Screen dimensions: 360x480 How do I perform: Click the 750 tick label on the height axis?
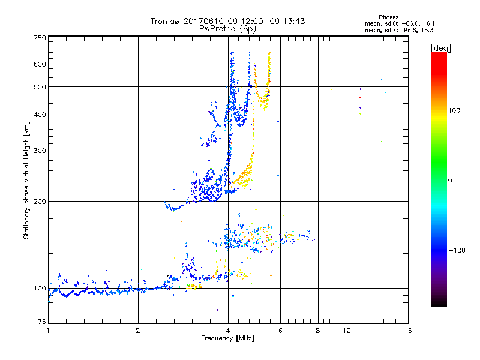pyautogui.click(x=40, y=38)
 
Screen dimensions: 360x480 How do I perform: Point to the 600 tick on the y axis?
pyautogui.click(x=40, y=64)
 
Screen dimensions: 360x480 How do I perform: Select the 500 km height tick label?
pyautogui.click(x=40, y=87)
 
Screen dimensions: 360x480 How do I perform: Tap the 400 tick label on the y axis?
pyautogui.click(x=40, y=115)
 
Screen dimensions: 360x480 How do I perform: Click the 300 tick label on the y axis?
pyautogui.click(x=40, y=151)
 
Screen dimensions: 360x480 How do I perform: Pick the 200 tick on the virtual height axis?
pyautogui.click(x=40, y=202)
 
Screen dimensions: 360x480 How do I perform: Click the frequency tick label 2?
pyautogui.click(x=138, y=331)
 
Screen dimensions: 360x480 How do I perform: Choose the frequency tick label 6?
pyautogui.click(x=280, y=331)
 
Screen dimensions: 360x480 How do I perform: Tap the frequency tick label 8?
pyautogui.click(x=317, y=331)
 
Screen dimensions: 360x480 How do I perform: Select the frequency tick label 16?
pyautogui.click(x=407, y=331)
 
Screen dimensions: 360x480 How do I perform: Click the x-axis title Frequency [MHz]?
pyautogui.click(x=227, y=339)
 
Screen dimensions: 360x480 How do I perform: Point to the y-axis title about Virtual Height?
pyautogui.click(x=26, y=180)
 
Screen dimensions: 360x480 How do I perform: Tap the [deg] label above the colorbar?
pyautogui.click(x=440, y=47)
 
